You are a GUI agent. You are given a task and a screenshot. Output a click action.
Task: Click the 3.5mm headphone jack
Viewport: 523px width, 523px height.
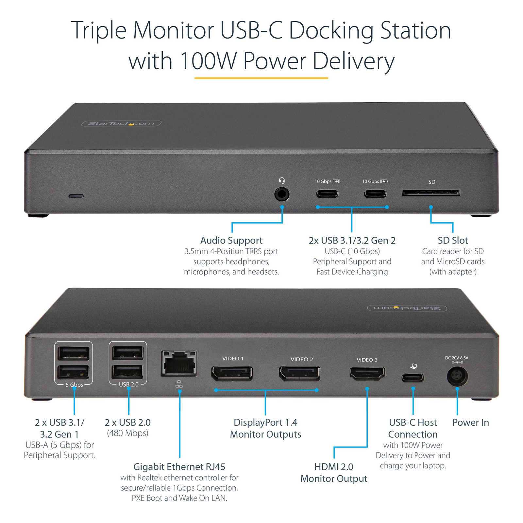pos(282,194)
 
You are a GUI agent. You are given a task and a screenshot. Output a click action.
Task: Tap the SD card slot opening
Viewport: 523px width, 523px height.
pos(431,193)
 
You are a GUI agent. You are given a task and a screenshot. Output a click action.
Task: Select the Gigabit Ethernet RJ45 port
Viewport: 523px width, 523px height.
pos(179,363)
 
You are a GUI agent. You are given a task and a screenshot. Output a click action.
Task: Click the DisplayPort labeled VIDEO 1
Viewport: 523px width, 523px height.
pos(232,374)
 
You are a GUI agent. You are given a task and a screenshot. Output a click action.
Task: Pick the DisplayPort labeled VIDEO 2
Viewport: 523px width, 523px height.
pos(299,374)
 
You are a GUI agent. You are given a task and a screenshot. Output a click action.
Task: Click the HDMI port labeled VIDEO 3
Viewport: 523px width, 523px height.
pos(367,373)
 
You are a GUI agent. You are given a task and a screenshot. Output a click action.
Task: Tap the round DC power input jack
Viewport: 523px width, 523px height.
pos(457,376)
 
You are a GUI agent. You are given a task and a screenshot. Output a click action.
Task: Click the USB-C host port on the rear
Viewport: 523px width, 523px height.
pos(413,378)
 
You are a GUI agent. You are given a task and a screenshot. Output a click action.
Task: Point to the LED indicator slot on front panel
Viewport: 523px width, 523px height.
pos(76,196)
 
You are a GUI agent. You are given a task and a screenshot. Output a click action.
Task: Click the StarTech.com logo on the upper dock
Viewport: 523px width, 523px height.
pos(121,124)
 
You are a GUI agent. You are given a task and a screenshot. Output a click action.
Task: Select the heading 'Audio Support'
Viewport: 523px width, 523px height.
pos(231,241)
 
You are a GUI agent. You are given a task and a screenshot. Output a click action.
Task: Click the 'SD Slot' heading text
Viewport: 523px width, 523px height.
pos(453,241)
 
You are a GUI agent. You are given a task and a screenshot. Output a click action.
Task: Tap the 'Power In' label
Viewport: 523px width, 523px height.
pos(470,423)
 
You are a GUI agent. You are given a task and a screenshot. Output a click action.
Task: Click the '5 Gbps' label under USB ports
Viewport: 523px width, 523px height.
pos(74,385)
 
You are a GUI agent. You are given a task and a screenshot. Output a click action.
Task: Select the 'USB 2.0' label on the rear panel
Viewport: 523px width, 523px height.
pos(128,384)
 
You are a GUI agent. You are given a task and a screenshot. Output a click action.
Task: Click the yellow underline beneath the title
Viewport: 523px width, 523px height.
pos(261,78)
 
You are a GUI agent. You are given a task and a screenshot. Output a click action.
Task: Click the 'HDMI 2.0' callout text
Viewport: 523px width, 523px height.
pos(334,467)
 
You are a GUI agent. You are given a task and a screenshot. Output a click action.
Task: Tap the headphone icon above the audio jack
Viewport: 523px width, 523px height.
pos(282,181)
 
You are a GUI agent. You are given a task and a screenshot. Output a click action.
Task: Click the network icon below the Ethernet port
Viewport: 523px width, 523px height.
pos(179,384)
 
